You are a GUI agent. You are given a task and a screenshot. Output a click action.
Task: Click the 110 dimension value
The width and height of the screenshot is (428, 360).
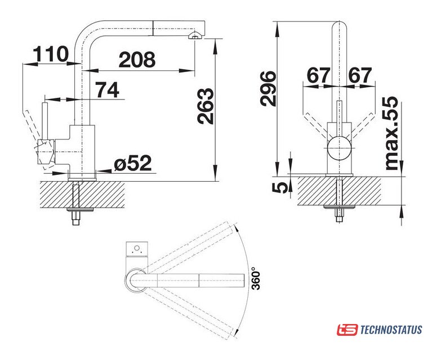pyautogui.click(x=50, y=55)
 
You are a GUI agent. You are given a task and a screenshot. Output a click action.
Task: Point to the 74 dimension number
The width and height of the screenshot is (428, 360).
pyautogui.click(x=107, y=90)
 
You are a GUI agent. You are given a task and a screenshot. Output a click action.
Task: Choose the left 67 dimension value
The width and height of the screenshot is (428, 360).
pyautogui.click(x=318, y=75)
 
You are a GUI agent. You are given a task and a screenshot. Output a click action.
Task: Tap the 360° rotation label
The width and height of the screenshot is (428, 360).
pyautogui.click(x=257, y=278)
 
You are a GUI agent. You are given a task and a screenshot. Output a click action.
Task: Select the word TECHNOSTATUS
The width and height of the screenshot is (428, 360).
pyautogui.click(x=390, y=330)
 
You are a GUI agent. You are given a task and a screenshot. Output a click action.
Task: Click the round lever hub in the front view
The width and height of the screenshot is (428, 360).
pyautogui.click(x=340, y=148)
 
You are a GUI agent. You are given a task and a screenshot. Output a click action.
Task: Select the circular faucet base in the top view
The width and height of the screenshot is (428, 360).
pyautogui.click(x=139, y=280)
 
